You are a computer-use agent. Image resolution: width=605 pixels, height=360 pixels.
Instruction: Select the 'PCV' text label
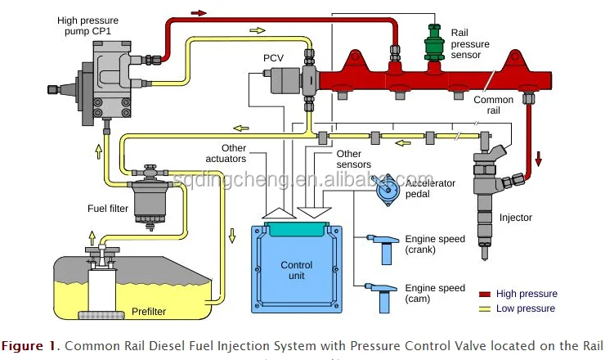point(273,59)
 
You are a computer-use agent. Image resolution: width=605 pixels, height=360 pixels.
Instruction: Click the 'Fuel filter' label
point(108,209)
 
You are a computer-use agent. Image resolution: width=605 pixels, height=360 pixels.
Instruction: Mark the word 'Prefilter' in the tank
point(153,312)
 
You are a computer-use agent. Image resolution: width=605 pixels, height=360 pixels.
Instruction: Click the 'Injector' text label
point(516,218)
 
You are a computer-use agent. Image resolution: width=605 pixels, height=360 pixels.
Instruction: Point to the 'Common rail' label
point(494,106)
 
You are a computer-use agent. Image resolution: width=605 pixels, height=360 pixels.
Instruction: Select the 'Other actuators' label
point(224,154)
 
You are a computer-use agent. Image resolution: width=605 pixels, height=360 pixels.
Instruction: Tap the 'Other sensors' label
point(349,159)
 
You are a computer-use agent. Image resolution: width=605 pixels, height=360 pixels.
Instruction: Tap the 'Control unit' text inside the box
point(297,271)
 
